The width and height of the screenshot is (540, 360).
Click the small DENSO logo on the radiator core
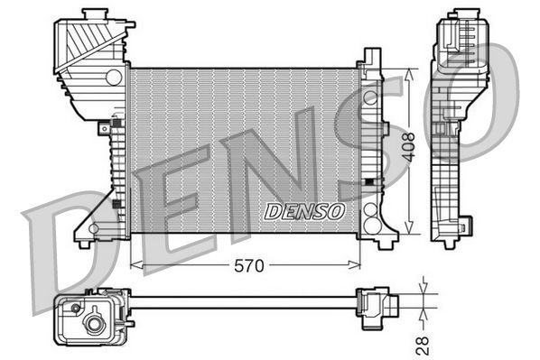point(304,212)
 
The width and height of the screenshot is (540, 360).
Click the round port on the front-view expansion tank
point(113,78)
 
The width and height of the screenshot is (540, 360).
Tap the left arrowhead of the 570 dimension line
point(135,265)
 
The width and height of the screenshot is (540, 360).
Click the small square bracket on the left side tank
point(116,204)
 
